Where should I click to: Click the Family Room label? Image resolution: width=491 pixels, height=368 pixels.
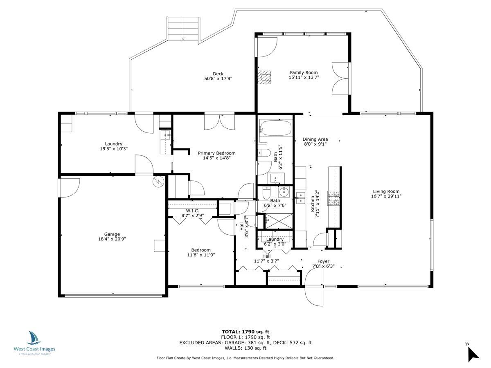304,72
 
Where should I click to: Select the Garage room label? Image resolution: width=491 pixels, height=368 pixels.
112,234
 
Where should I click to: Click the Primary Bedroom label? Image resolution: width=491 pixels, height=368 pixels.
216,153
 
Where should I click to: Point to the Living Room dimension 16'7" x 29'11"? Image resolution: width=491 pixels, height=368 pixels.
386,196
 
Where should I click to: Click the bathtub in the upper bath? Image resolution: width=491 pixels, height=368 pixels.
276,129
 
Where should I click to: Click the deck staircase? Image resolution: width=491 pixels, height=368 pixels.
182,29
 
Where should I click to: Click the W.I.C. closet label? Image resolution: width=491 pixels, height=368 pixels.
192,211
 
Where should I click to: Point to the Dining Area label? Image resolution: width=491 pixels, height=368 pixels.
315,139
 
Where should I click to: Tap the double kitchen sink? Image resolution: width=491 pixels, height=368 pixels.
301,198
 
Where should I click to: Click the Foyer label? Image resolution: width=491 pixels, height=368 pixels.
323,261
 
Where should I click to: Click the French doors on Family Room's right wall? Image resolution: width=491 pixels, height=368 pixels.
340,79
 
